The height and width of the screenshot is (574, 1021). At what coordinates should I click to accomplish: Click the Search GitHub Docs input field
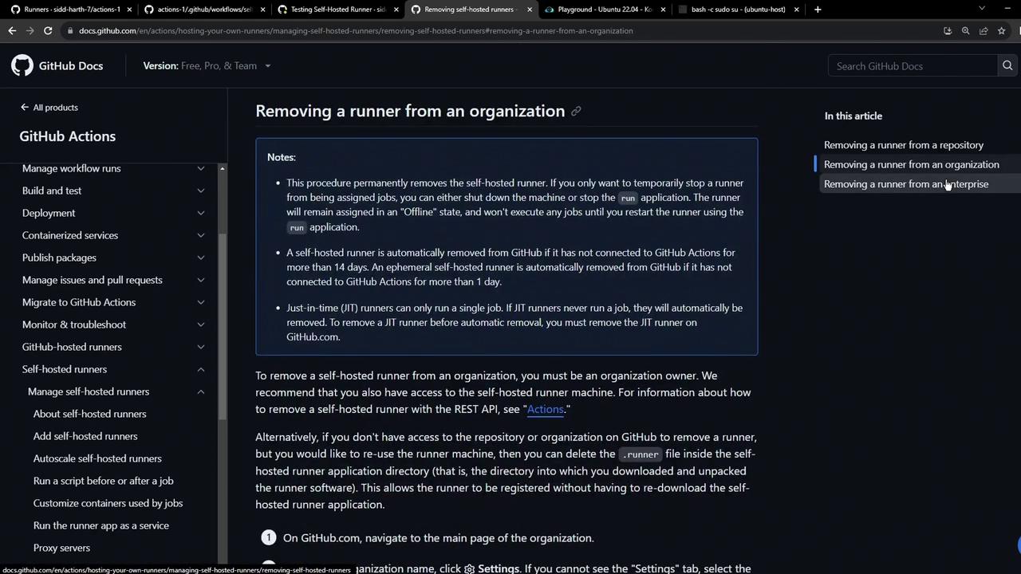pyautogui.click(x=913, y=66)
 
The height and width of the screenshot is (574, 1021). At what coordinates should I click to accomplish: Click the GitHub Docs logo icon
pyautogui.click(x=22, y=65)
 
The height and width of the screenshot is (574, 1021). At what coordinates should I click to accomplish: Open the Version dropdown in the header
pyautogui.click(x=207, y=66)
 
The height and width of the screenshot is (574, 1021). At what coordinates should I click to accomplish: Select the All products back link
pyautogui.click(x=49, y=108)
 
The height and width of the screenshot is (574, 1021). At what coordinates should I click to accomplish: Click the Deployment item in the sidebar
pyautogui.click(x=49, y=213)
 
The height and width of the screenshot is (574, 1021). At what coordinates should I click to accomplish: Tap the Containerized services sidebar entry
pyautogui.click(x=70, y=235)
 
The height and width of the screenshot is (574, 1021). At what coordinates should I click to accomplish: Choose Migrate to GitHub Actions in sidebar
pyautogui.click(x=79, y=302)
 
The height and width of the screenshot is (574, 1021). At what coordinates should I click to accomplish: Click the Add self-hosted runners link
pyautogui.click(x=85, y=436)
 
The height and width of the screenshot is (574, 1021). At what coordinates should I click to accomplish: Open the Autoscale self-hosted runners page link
pyautogui.click(x=97, y=458)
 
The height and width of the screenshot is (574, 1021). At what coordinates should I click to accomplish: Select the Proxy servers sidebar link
pyautogui.click(x=61, y=548)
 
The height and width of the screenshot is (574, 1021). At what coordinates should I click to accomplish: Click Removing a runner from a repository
pyautogui.click(x=904, y=145)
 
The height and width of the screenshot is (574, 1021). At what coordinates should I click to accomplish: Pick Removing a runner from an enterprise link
pyautogui.click(x=906, y=184)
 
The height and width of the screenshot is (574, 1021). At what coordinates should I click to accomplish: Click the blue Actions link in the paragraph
pyautogui.click(x=545, y=409)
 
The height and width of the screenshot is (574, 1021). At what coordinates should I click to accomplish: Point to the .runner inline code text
pyautogui.click(x=641, y=454)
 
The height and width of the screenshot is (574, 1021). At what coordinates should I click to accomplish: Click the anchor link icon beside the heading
pyautogui.click(x=576, y=112)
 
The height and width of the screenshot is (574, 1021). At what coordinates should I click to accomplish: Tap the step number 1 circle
pyautogui.click(x=269, y=538)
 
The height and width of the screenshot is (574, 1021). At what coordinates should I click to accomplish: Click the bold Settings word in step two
pyautogui.click(x=498, y=568)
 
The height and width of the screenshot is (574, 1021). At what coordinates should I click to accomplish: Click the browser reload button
pyautogui.click(x=48, y=30)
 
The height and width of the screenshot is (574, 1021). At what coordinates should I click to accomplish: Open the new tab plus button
pyautogui.click(x=818, y=10)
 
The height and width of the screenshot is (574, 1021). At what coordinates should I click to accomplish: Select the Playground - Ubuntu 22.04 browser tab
pyautogui.click(x=604, y=10)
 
